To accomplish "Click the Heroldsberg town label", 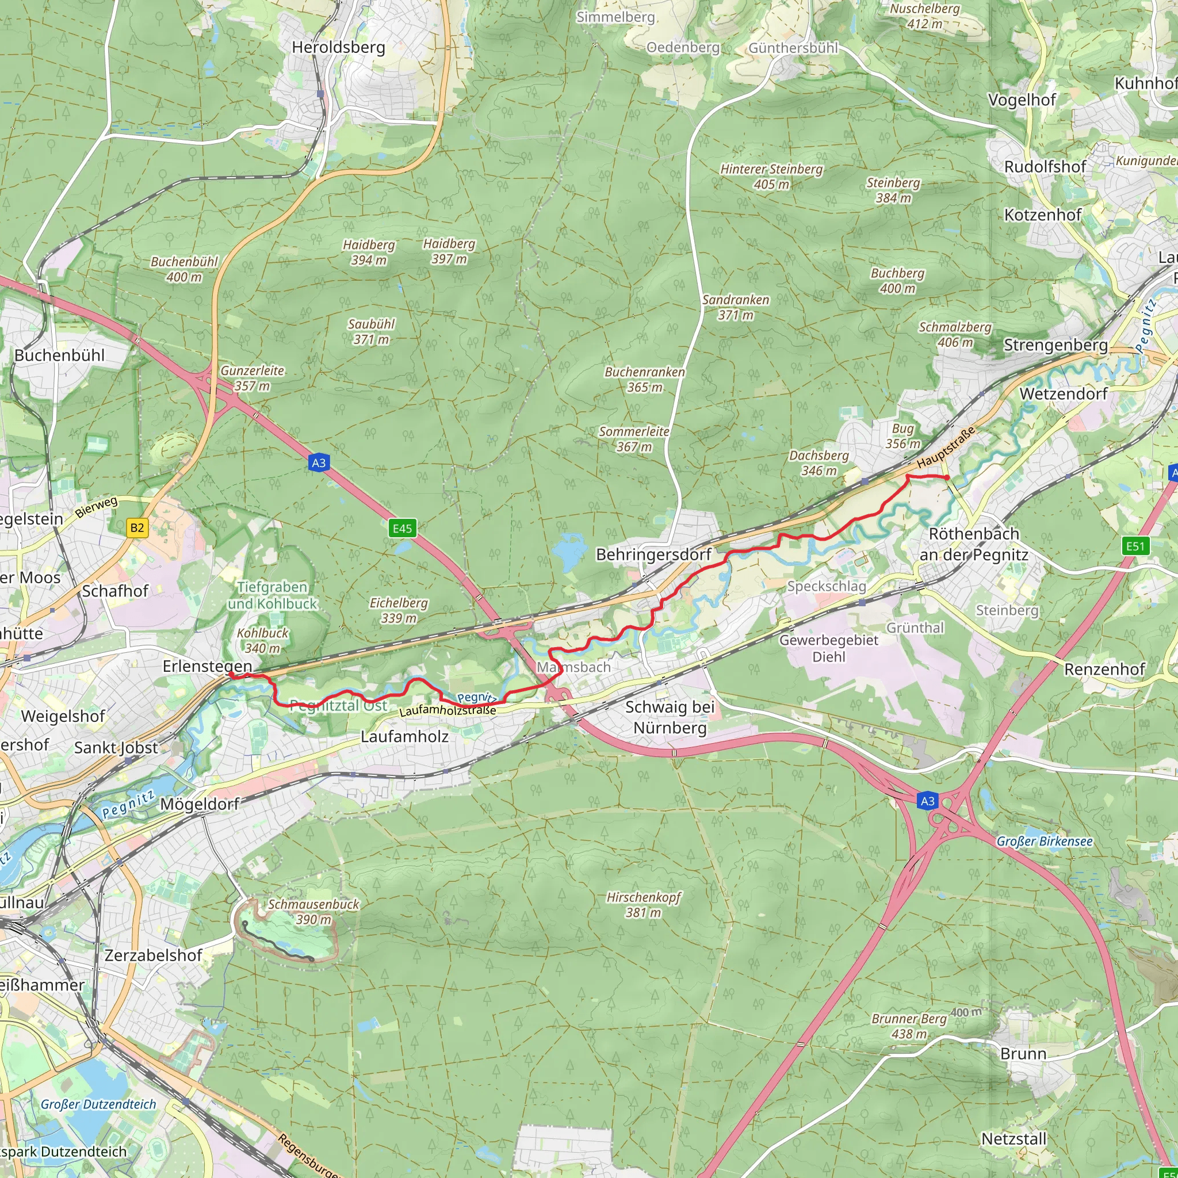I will click(338, 48).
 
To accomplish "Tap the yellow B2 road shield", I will click(137, 527).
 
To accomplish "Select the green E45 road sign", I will click(403, 528).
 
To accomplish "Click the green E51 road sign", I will click(1135, 546).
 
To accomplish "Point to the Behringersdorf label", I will click(653, 554).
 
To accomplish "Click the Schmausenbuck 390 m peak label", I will click(313, 912).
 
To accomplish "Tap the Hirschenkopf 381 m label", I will click(643, 905).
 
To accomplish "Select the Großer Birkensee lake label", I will click(1045, 842).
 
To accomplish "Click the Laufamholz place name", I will click(404, 737).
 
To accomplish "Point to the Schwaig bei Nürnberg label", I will click(670, 717).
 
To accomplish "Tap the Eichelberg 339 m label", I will click(399, 610).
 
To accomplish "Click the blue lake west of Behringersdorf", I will click(568, 550).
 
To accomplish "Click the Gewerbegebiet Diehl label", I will click(829, 648).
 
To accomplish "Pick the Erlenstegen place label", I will click(207, 666).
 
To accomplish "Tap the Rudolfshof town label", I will click(1045, 166).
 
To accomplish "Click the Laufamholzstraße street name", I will click(448, 710).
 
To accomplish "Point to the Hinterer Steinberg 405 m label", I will click(771, 176).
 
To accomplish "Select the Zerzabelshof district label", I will click(153, 955).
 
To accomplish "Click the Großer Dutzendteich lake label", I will click(98, 1104).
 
